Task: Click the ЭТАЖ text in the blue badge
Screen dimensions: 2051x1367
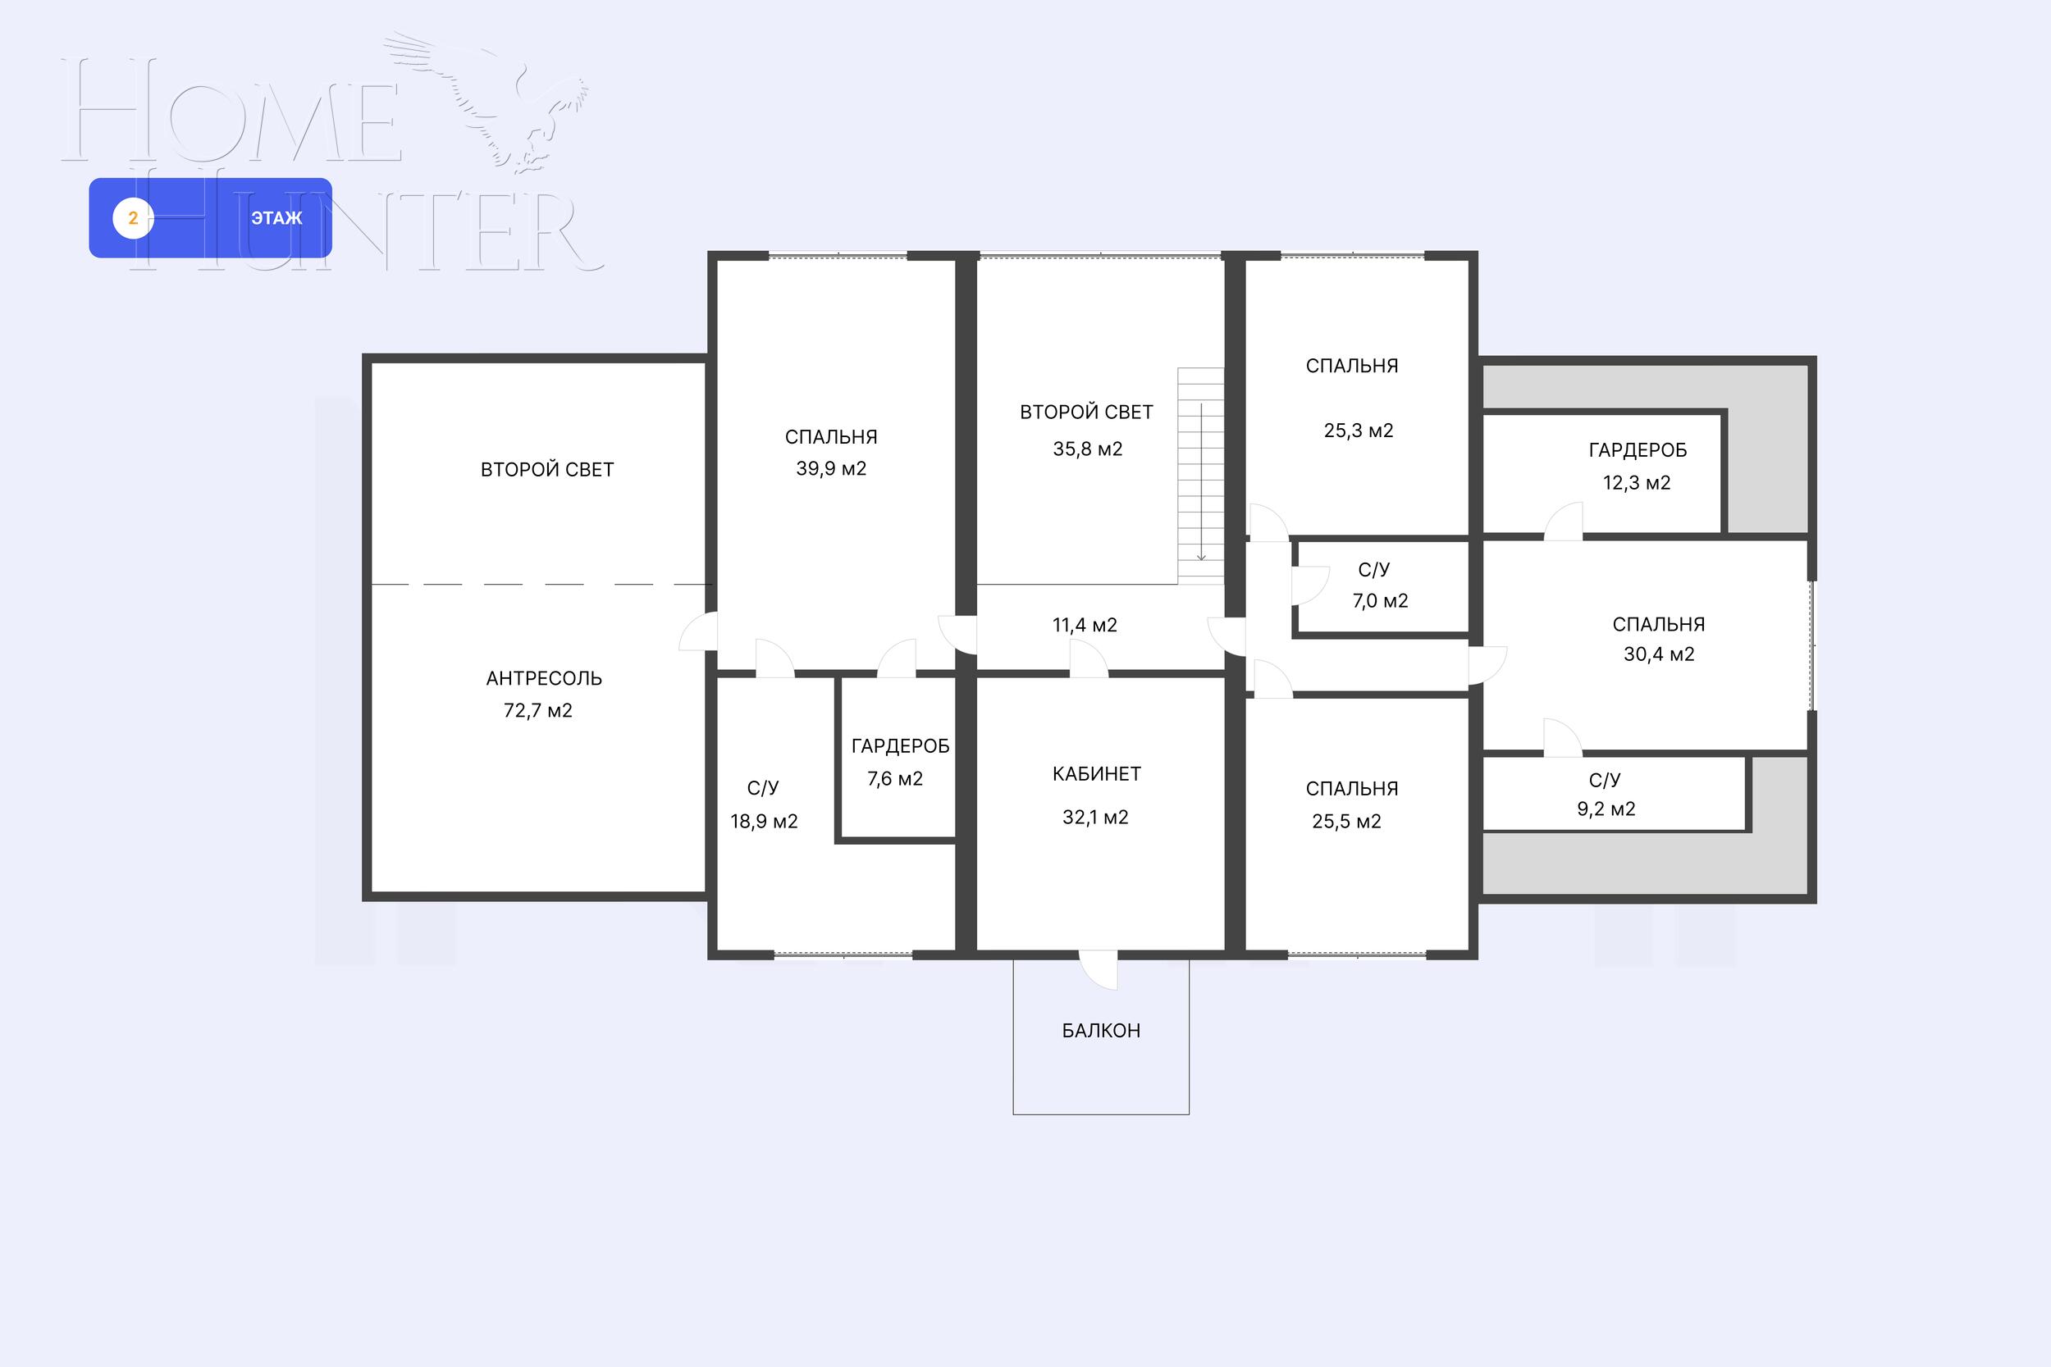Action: [x=276, y=218]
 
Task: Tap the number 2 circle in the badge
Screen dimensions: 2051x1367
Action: [x=134, y=218]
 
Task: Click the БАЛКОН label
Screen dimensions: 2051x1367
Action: [x=1100, y=1031]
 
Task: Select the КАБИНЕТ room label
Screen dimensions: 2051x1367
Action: [x=1096, y=774]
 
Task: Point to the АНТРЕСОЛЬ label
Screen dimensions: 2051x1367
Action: [x=544, y=678]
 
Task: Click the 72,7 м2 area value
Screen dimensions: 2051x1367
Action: [x=538, y=710]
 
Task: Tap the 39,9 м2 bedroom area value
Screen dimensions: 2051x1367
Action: [x=831, y=469]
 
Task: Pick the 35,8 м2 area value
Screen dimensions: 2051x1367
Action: [x=1087, y=449]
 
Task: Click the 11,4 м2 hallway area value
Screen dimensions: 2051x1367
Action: [x=1085, y=625]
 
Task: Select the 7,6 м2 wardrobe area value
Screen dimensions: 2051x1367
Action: [x=895, y=778]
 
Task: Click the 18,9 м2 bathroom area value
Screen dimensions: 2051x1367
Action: [x=764, y=821]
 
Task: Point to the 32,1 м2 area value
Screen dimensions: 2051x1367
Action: [x=1095, y=818]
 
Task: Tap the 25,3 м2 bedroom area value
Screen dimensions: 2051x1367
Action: [x=1359, y=431]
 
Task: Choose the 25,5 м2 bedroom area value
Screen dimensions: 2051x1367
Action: [x=1346, y=821]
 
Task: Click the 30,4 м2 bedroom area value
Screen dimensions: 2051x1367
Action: [x=1659, y=654]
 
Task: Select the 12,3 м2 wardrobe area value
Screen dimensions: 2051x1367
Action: [x=1637, y=483]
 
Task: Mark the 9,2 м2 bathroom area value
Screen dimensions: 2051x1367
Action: [x=1606, y=809]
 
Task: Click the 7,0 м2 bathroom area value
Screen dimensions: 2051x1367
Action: [x=1381, y=601]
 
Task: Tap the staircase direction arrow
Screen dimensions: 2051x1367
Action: [x=1201, y=482]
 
